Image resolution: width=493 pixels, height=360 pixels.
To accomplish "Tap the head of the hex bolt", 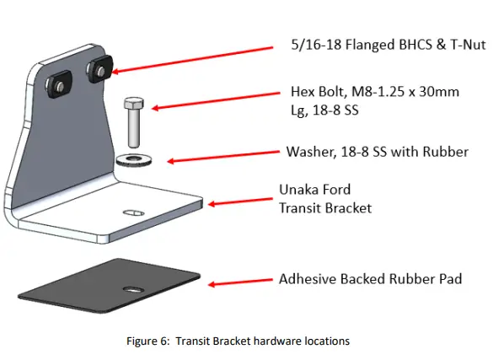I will point(132,105).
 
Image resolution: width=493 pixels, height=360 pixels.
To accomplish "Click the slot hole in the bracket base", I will point(133,213).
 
